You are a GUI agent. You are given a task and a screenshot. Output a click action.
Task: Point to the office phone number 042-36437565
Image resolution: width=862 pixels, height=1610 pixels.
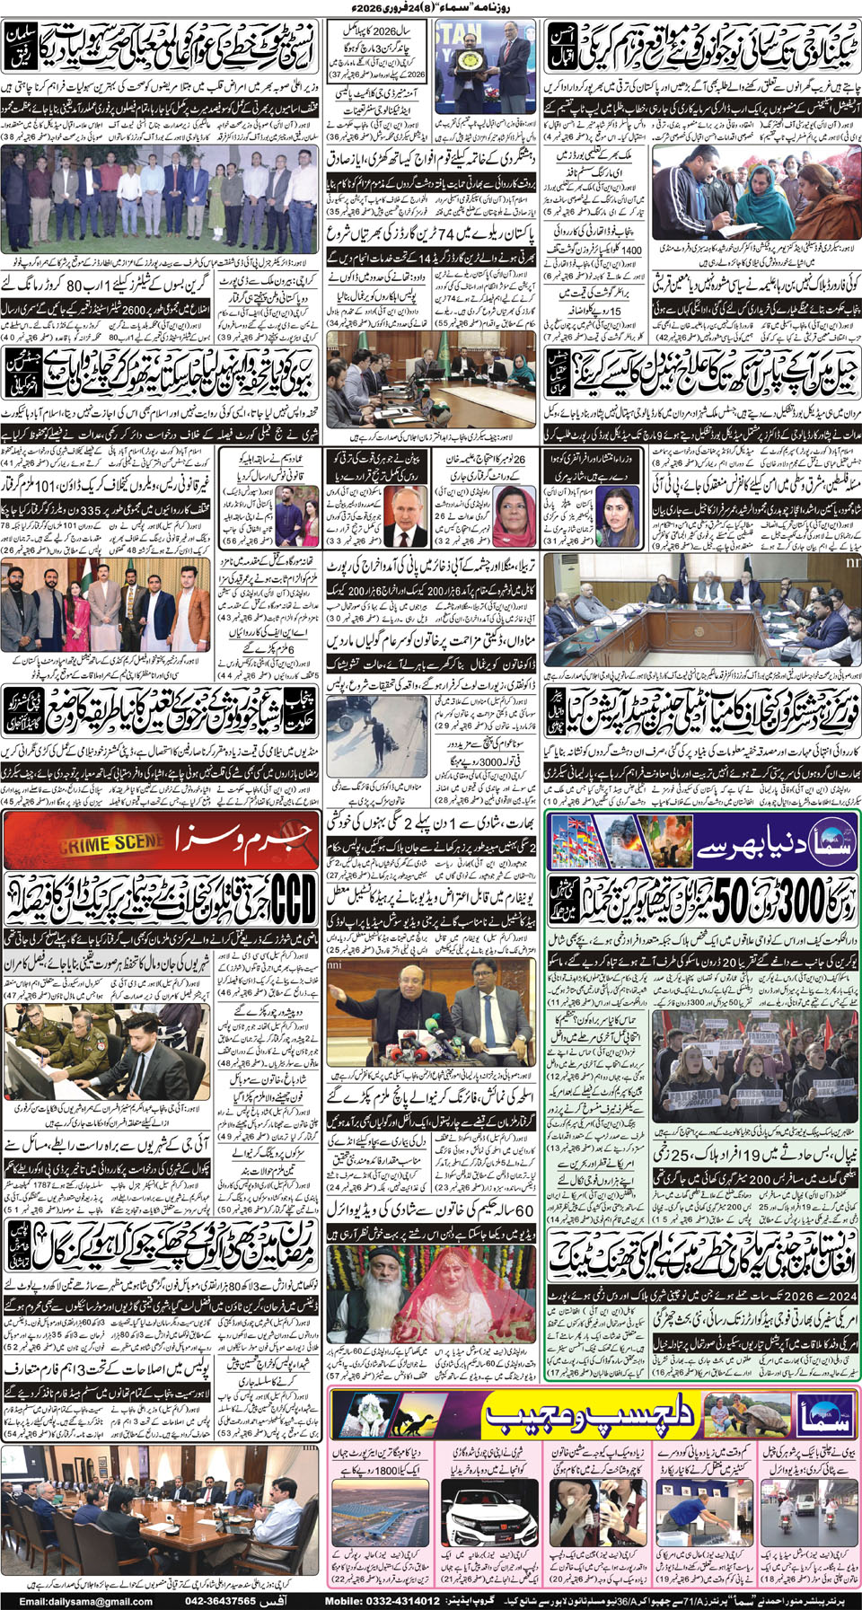(x=216, y=1601)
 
